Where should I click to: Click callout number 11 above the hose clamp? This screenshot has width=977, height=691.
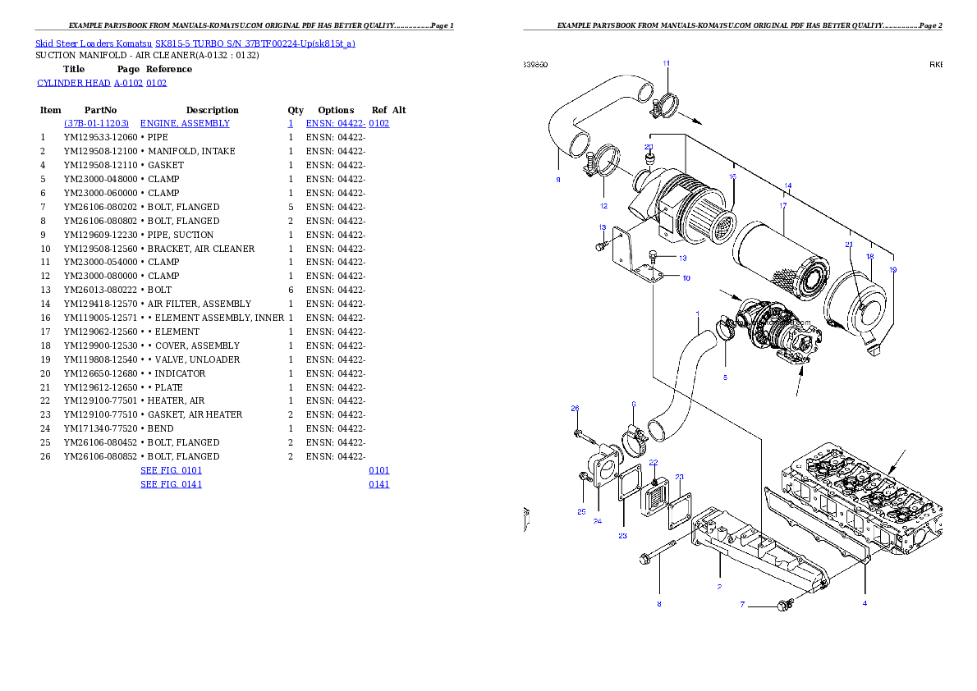pos(666,63)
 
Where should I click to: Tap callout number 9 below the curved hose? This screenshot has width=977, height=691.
pos(557,180)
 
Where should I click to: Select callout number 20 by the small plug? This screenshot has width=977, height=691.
pos(649,148)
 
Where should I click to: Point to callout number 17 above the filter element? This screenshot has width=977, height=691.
pos(783,205)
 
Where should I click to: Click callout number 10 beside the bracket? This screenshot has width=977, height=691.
pos(686,278)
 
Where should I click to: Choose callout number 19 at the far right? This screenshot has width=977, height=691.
pos(892,269)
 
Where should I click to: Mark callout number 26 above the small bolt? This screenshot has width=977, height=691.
pos(575,408)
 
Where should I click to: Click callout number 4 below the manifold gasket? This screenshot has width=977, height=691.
pos(864,603)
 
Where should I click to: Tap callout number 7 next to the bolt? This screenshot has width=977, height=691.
pos(742,605)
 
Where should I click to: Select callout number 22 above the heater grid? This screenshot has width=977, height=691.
pos(654,463)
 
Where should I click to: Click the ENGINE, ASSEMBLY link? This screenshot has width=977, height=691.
pos(185,123)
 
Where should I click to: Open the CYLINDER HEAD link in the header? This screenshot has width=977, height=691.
pos(102,83)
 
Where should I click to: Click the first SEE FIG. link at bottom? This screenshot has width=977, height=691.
pos(171,471)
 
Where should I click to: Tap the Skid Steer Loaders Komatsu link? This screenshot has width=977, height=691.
pos(195,43)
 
